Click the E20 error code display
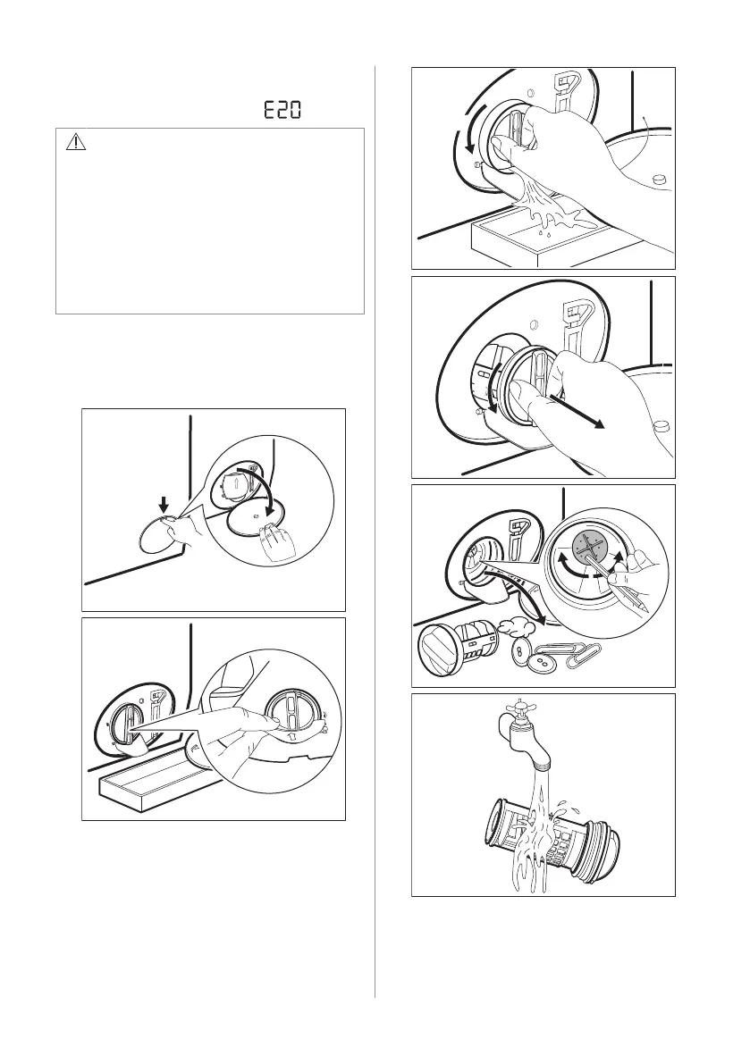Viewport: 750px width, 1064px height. point(282,109)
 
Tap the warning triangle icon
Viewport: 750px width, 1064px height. point(76,142)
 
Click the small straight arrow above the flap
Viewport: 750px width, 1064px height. point(163,504)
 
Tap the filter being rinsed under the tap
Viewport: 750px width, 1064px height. point(552,834)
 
